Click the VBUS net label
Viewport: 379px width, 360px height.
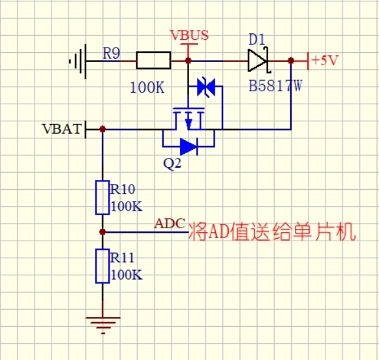[x=189, y=35]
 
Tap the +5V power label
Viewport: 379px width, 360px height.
[x=325, y=60]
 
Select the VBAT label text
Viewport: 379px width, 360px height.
[x=62, y=128]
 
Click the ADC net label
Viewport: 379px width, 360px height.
[x=170, y=224]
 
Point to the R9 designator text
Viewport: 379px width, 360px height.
[x=111, y=53]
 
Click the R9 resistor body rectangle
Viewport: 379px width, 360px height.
[x=153, y=61]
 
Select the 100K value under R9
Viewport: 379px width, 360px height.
[x=147, y=87]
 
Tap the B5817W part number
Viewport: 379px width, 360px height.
[x=275, y=86]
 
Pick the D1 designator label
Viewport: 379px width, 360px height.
[x=257, y=39]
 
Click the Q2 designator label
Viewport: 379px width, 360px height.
[x=172, y=164]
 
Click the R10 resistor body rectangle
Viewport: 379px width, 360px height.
[x=102, y=198]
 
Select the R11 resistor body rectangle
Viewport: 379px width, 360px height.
[x=102, y=266]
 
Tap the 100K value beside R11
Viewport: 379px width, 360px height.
[x=127, y=275]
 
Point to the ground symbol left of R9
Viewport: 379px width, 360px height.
[x=78, y=61]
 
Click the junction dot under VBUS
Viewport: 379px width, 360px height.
[x=188, y=61]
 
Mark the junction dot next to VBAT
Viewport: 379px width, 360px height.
[x=102, y=129]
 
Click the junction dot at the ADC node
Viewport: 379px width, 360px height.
[x=102, y=232]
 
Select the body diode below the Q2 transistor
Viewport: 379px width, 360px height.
[x=189, y=147]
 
